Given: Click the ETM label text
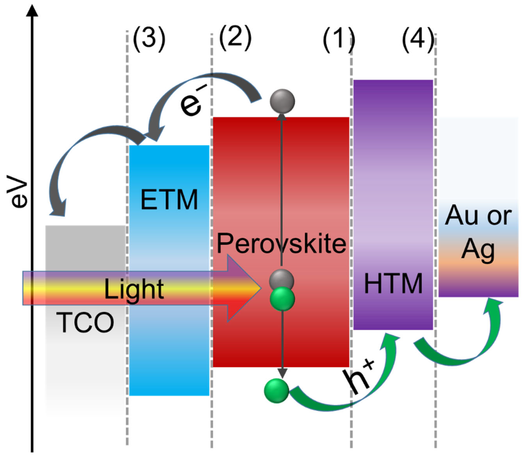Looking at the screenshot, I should pyautogui.click(x=169, y=200).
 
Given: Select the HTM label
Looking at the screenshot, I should pyautogui.click(x=393, y=283).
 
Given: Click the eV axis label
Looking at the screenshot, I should pyautogui.click(x=17, y=191).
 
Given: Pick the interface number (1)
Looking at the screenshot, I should pyautogui.click(x=339, y=40).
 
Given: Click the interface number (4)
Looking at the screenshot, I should pyautogui.click(x=418, y=40).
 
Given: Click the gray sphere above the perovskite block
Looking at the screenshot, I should pyautogui.click(x=282, y=101).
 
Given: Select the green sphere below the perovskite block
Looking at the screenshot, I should pyautogui.click(x=276, y=391).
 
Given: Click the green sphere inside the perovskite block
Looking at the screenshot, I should pyautogui.click(x=282, y=299).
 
